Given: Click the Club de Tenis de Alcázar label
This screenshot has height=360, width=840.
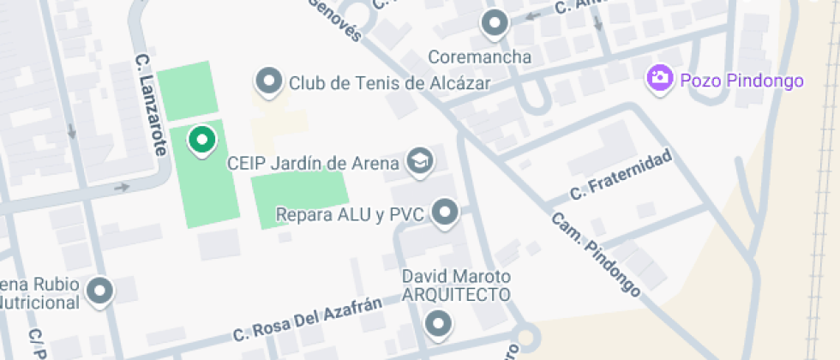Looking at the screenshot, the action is (389, 83).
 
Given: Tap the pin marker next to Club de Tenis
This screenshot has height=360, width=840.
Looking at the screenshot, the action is (270, 81).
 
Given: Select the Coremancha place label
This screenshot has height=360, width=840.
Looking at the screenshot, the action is (479, 57).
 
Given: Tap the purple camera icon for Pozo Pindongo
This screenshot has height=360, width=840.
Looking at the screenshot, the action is (659, 78).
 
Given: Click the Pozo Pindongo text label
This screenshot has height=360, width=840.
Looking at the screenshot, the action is (741, 81).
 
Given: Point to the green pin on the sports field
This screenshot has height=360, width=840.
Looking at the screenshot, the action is (201, 140).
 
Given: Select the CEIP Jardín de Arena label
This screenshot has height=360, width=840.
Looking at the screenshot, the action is (313, 162).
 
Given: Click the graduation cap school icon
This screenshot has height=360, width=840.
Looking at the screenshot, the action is (419, 161).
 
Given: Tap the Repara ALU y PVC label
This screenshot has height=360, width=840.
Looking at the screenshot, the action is (351, 214).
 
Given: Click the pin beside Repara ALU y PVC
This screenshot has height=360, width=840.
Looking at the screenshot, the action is (445, 213).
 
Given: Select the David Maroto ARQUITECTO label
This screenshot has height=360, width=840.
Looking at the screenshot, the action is (457, 285).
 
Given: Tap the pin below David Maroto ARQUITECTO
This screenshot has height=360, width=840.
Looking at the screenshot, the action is (439, 323).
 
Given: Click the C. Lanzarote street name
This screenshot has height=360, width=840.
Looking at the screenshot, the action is (149, 105).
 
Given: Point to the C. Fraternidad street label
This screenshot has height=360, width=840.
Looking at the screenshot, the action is (621, 177).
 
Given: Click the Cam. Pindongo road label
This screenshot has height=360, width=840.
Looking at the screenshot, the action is (596, 255).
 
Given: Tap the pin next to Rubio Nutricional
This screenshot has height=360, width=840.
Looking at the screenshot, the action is (101, 291).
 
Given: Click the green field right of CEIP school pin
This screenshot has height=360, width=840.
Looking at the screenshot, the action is (299, 200).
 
